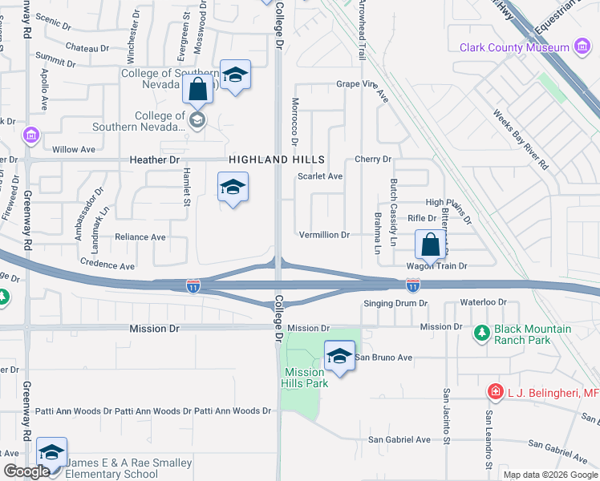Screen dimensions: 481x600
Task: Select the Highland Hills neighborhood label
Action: coord(270,160)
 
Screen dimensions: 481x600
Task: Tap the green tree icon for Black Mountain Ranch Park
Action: coord(481,332)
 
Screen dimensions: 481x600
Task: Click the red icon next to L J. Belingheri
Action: coord(496,392)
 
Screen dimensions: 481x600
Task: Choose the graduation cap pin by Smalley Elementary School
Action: coord(52,453)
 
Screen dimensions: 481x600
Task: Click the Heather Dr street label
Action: coord(155,160)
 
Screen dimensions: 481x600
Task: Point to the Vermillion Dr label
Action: coord(324,235)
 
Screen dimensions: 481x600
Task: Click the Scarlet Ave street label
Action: coord(320,176)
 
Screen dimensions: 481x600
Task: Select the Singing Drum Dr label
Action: coord(396,304)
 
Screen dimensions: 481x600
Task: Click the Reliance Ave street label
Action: coord(140,237)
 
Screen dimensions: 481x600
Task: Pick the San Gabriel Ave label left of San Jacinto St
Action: coord(399,439)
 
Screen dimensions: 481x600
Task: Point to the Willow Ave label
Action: coord(73,150)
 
